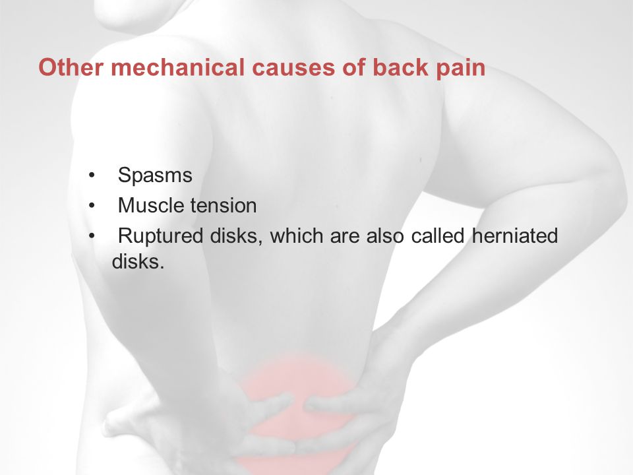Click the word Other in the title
coord(71,67)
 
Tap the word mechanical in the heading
coord(177,67)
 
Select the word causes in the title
coord(293,68)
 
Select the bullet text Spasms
coord(155,175)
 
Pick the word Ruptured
coord(160,236)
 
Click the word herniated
coord(515,236)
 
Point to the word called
coord(438,236)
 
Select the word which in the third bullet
coord(296,236)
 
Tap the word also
coord(384,236)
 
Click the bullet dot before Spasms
coord(92,175)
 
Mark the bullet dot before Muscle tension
coord(92,206)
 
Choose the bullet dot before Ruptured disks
coord(92,236)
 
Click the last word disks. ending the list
coord(138,261)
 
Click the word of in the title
coord(353,67)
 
